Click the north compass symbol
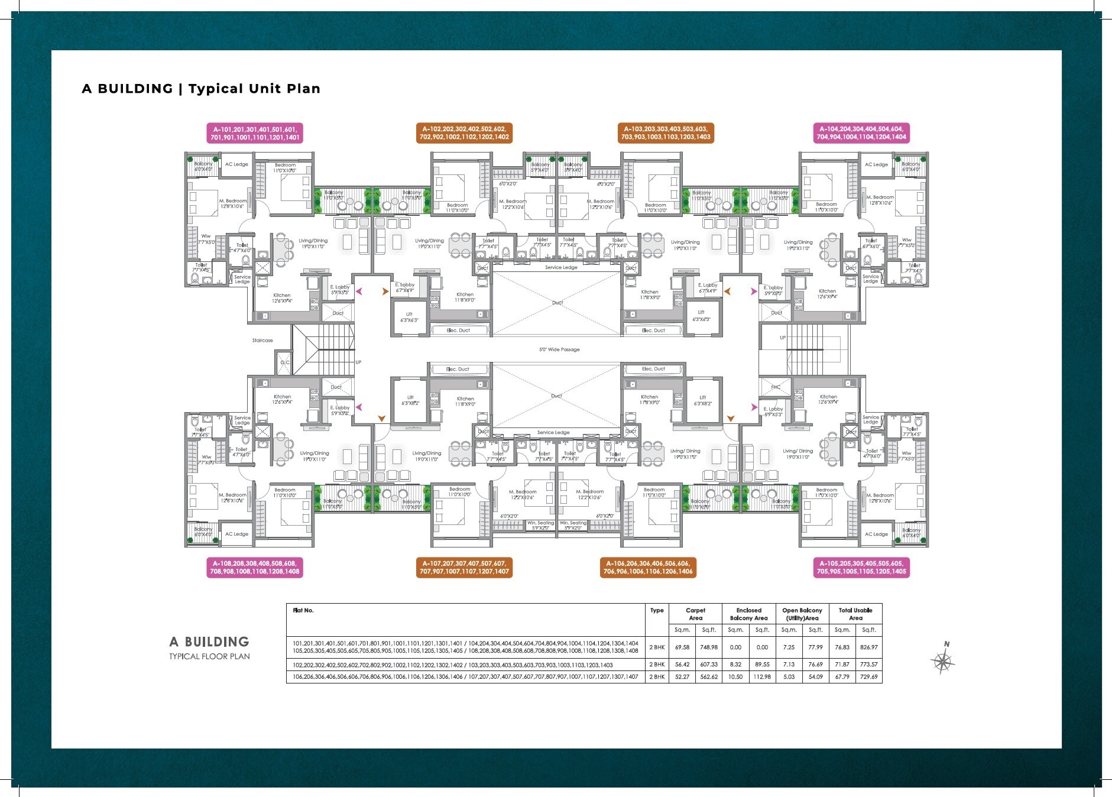pyautogui.click(x=943, y=660)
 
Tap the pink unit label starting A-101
pyautogui.click(x=255, y=133)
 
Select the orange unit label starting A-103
pyautogui.click(x=666, y=133)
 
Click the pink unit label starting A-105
pyautogui.click(x=861, y=568)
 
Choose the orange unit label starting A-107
pyautogui.click(x=464, y=568)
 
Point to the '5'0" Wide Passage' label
pyautogui.click(x=559, y=349)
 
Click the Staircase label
pyautogui.click(x=262, y=341)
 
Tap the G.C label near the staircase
pyautogui.click(x=285, y=362)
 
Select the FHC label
pyautogui.click(x=775, y=387)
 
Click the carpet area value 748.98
pyautogui.click(x=709, y=647)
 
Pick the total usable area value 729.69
pyautogui.click(x=868, y=677)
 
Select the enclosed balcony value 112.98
pyautogui.click(x=762, y=677)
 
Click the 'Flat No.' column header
pyautogui.click(x=303, y=610)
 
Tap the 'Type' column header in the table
pyautogui.click(x=657, y=610)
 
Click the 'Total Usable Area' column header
pyautogui.click(x=855, y=614)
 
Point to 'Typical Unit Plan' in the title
pyautogui.click(x=254, y=89)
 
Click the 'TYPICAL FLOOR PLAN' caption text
pyautogui.click(x=209, y=656)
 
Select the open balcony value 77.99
pyautogui.click(x=815, y=647)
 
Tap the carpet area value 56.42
pyautogui.click(x=682, y=665)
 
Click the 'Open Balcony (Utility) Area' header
pyautogui.click(x=802, y=614)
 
